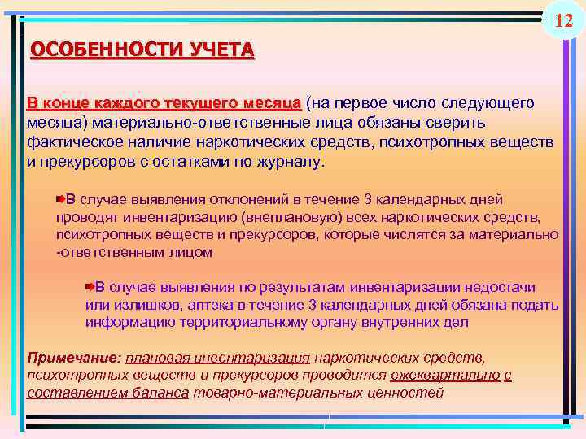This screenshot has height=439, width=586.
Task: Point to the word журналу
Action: (294, 161)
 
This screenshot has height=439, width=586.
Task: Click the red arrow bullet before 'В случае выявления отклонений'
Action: (61, 198)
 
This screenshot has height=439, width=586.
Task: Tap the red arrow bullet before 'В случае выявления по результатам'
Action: (90, 286)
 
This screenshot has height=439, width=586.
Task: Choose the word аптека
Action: (215, 305)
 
